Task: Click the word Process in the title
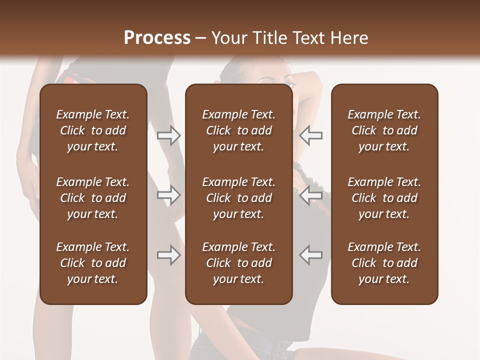pos(157,38)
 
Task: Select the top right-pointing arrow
pos(169,135)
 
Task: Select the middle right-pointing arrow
pos(169,195)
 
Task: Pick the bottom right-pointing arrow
pos(169,255)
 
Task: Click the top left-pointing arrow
pos(311,135)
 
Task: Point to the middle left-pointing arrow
pos(311,195)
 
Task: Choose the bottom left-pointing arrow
pos(311,255)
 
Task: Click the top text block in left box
pos(93,130)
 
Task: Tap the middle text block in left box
pos(93,198)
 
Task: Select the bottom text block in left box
pos(93,263)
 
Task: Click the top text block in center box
pos(239,130)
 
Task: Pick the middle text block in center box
pos(239,198)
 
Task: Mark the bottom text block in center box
pos(239,263)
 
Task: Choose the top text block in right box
pos(384,130)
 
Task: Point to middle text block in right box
pos(384,198)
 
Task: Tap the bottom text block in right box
pos(384,263)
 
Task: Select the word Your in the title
pos(229,38)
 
